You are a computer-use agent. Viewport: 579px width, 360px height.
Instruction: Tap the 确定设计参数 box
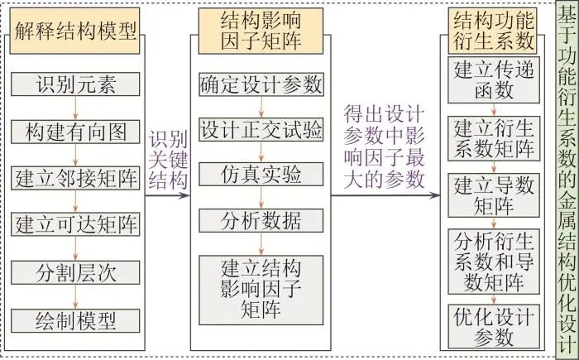[261, 84]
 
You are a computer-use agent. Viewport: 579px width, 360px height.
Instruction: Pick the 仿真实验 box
[261, 176]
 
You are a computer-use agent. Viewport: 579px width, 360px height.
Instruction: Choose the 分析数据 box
[261, 221]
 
